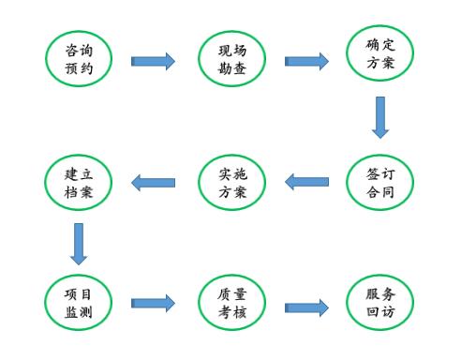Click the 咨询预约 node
coord(79,58)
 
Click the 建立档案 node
coord(79,182)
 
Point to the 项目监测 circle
coord(79,302)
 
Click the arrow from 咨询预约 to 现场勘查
coord(153,61)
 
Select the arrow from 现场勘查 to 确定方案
coord(306,61)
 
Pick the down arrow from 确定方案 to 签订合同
coord(379,116)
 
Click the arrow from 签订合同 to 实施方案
coord(306,182)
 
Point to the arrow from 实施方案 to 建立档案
coord(153,182)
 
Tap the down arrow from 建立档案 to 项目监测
coord(79,243)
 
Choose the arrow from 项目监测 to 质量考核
coord(153,303)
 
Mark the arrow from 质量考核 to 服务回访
coord(306,307)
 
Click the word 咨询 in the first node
coord(79,48)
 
